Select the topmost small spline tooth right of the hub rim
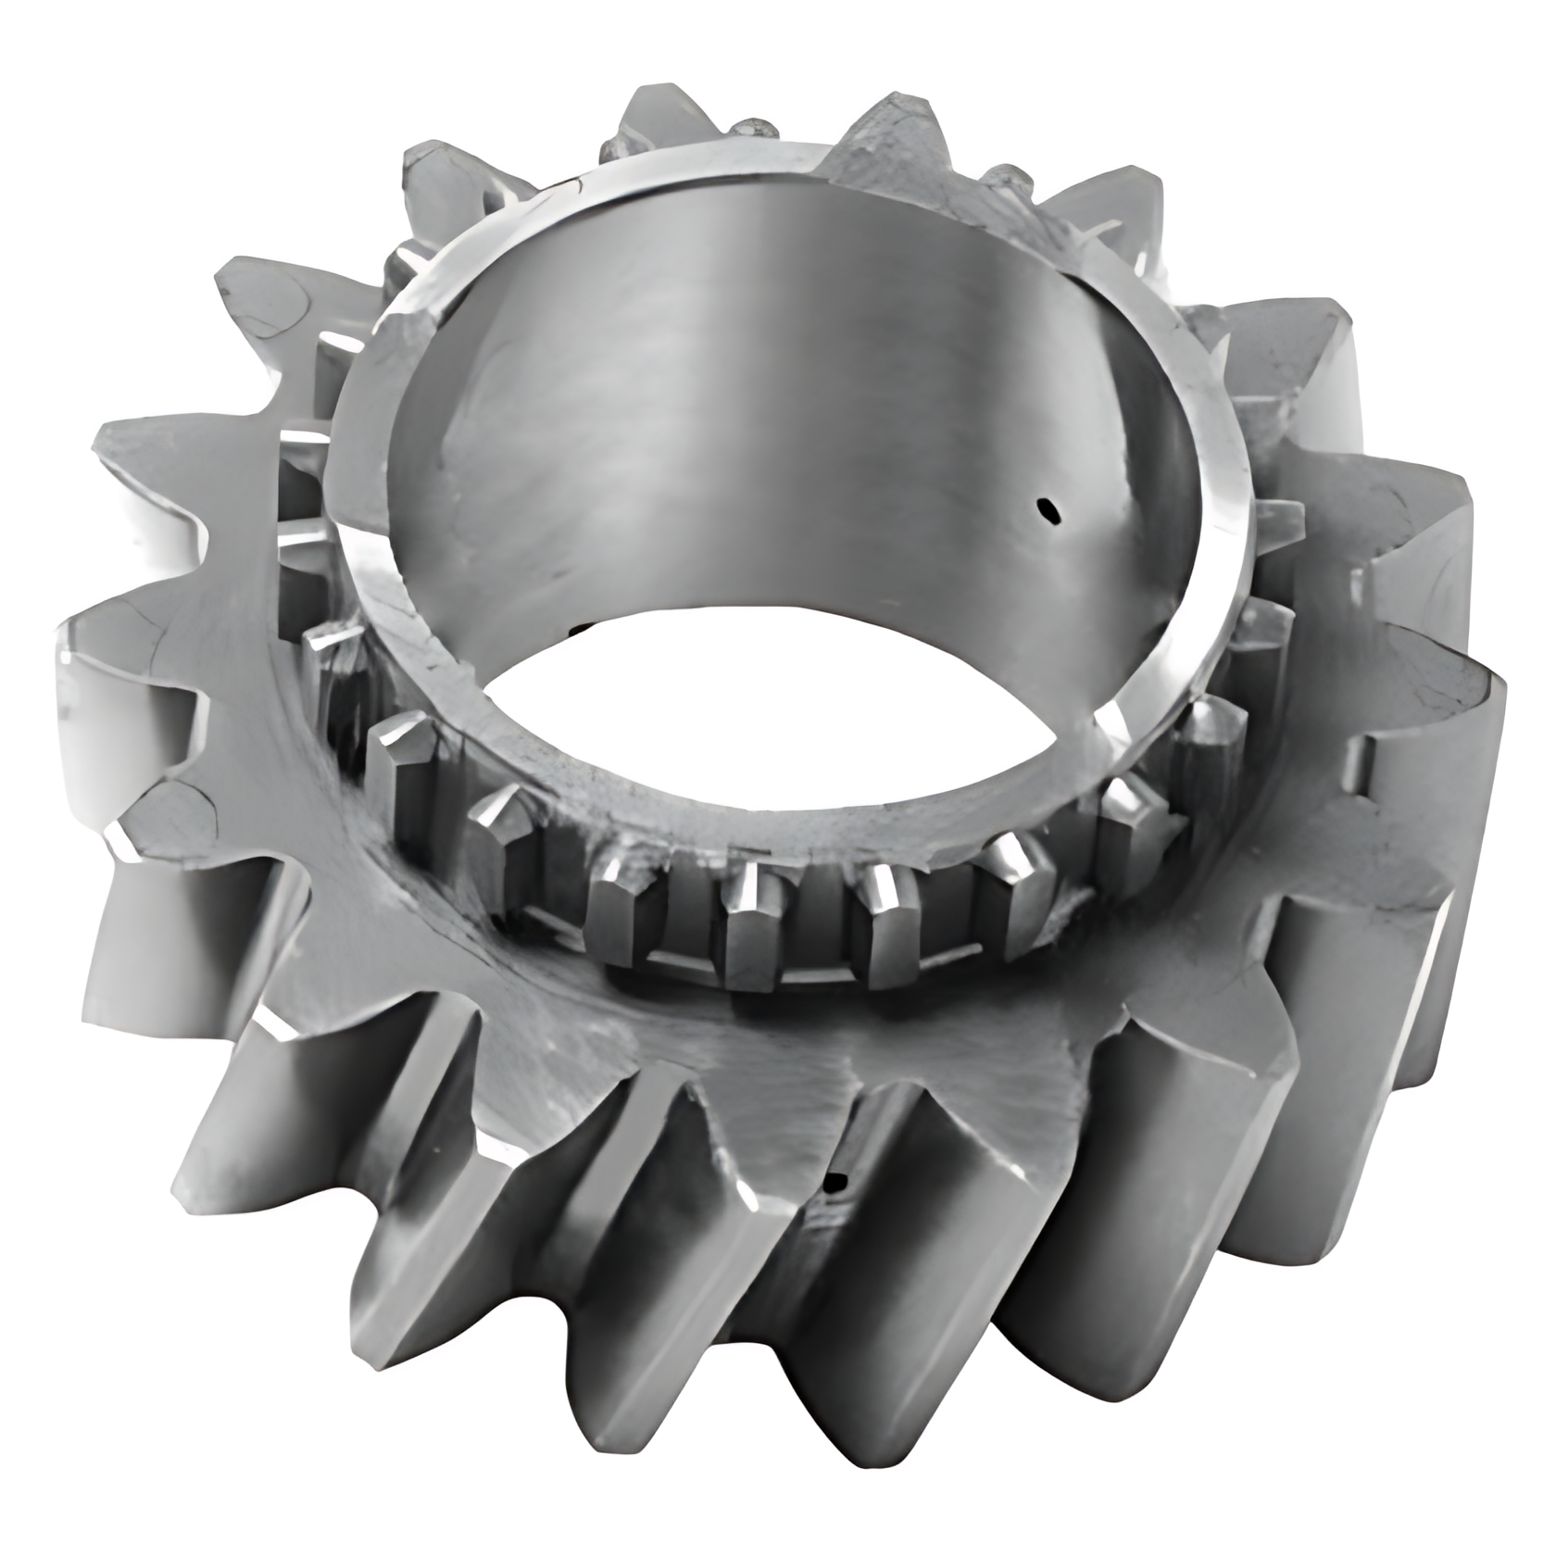[1283, 514]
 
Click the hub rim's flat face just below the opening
[797, 815]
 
